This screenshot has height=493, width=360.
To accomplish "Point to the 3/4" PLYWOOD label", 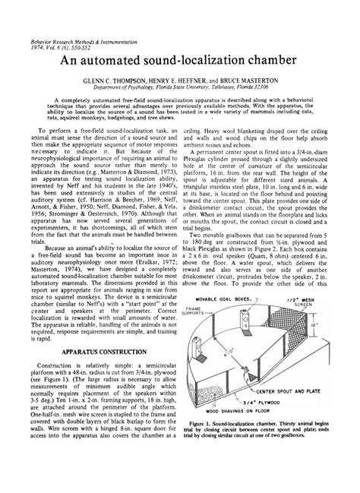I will coord(271,424).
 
